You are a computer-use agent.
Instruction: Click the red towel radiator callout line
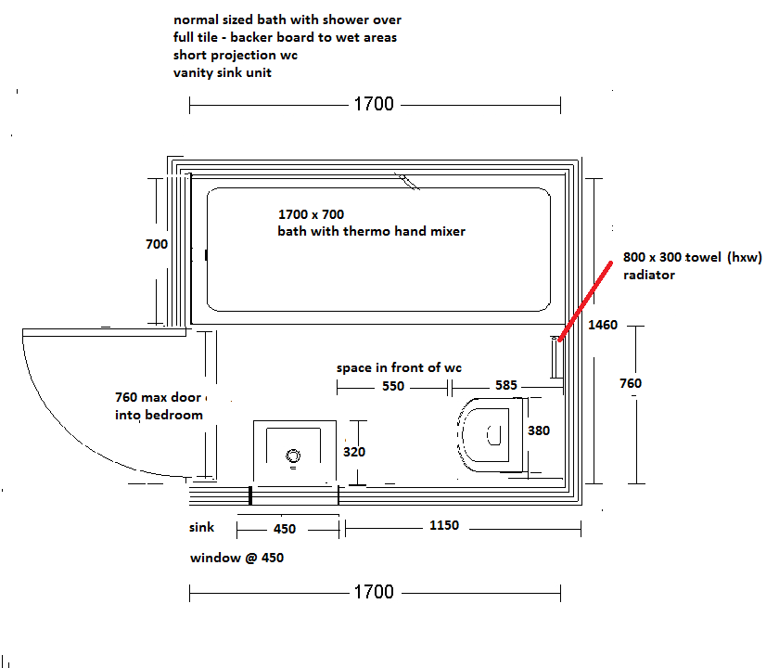click(585, 302)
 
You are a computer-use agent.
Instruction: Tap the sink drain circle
click(293, 456)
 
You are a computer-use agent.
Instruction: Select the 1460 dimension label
click(603, 325)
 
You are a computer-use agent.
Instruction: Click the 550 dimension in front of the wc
click(393, 386)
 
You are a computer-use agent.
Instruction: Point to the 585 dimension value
click(505, 385)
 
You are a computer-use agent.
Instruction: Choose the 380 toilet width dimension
click(539, 430)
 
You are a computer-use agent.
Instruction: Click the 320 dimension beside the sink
click(354, 452)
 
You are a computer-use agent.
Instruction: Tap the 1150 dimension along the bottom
click(444, 525)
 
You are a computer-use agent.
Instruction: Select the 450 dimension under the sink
click(285, 529)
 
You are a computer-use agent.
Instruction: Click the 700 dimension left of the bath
click(157, 244)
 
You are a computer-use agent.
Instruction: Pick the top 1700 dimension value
click(374, 104)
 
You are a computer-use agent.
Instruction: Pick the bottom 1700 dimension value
click(374, 592)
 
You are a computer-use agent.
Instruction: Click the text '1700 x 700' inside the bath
click(311, 214)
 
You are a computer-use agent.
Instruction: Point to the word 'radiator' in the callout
click(649, 275)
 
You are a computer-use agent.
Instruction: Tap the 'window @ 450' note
click(237, 558)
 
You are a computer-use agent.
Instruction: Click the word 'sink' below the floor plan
click(201, 527)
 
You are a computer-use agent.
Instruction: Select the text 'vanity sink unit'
click(222, 72)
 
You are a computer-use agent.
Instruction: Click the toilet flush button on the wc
click(493, 435)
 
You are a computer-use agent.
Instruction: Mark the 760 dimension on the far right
click(631, 383)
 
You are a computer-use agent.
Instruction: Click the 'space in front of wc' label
click(399, 367)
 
